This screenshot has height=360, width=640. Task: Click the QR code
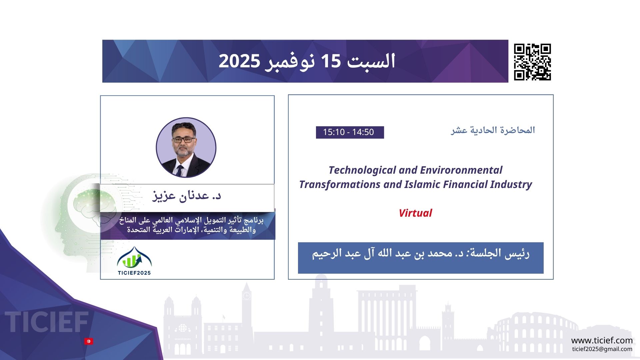click(532, 62)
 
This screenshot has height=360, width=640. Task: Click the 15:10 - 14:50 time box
click(350, 132)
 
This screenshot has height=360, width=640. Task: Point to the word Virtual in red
click(415, 213)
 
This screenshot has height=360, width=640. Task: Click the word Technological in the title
click(362, 170)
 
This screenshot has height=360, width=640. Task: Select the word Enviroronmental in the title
click(461, 170)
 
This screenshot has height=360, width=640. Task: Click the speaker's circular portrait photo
click(186, 147)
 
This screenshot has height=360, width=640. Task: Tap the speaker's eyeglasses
click(183, 140)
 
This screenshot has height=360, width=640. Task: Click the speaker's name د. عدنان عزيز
click(187, 195)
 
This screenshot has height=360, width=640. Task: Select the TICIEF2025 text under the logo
click(134, 273)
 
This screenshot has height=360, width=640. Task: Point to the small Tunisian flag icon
click(89, 341)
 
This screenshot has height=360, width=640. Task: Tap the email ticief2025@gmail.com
click(602, 349)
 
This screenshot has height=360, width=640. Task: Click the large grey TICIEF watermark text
click(47, 322)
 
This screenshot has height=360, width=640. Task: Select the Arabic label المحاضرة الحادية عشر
click(493, 130)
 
